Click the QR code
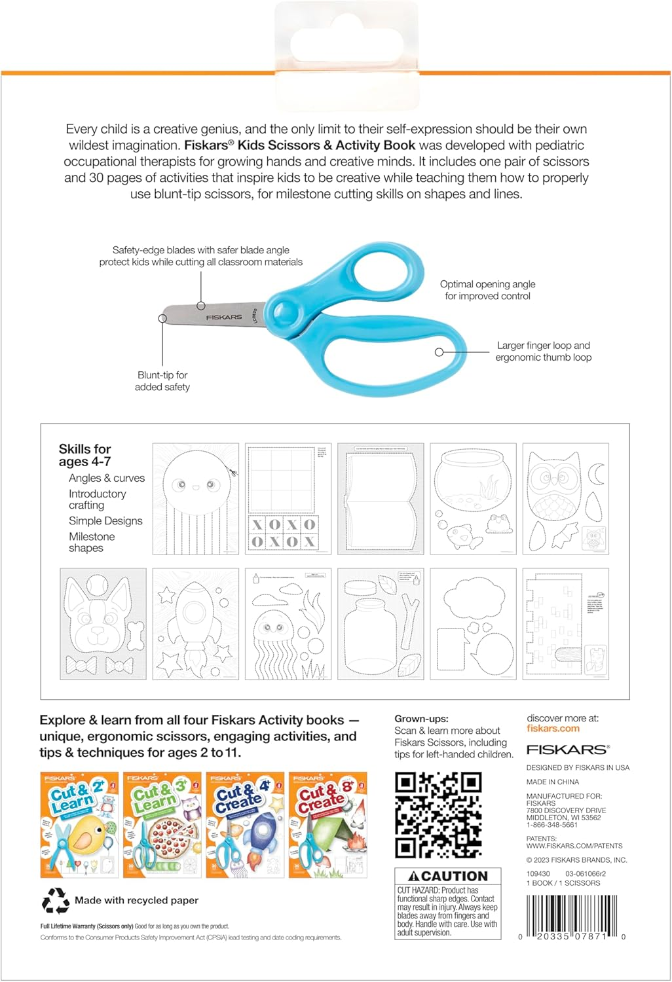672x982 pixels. (438, 814)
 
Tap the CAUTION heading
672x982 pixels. (448, 876)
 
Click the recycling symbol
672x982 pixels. (56, 901)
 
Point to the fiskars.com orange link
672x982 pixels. (553, 729)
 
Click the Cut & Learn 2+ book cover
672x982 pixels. (79, 825)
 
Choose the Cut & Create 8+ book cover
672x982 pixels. (327, 825)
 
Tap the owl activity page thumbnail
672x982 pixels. (565, 499)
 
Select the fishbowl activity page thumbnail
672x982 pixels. (473, 499)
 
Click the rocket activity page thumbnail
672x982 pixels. (195, 624)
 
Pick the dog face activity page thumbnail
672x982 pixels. (103, 624)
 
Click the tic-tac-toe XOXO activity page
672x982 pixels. (288, 499)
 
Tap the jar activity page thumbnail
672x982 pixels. (381, 624)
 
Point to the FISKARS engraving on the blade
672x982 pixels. (224, 317)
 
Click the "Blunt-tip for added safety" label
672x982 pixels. (162, 381)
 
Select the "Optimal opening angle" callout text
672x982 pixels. (487, 290)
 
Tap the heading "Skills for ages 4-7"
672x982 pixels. (84, 455)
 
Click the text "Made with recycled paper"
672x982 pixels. (136, 901)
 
